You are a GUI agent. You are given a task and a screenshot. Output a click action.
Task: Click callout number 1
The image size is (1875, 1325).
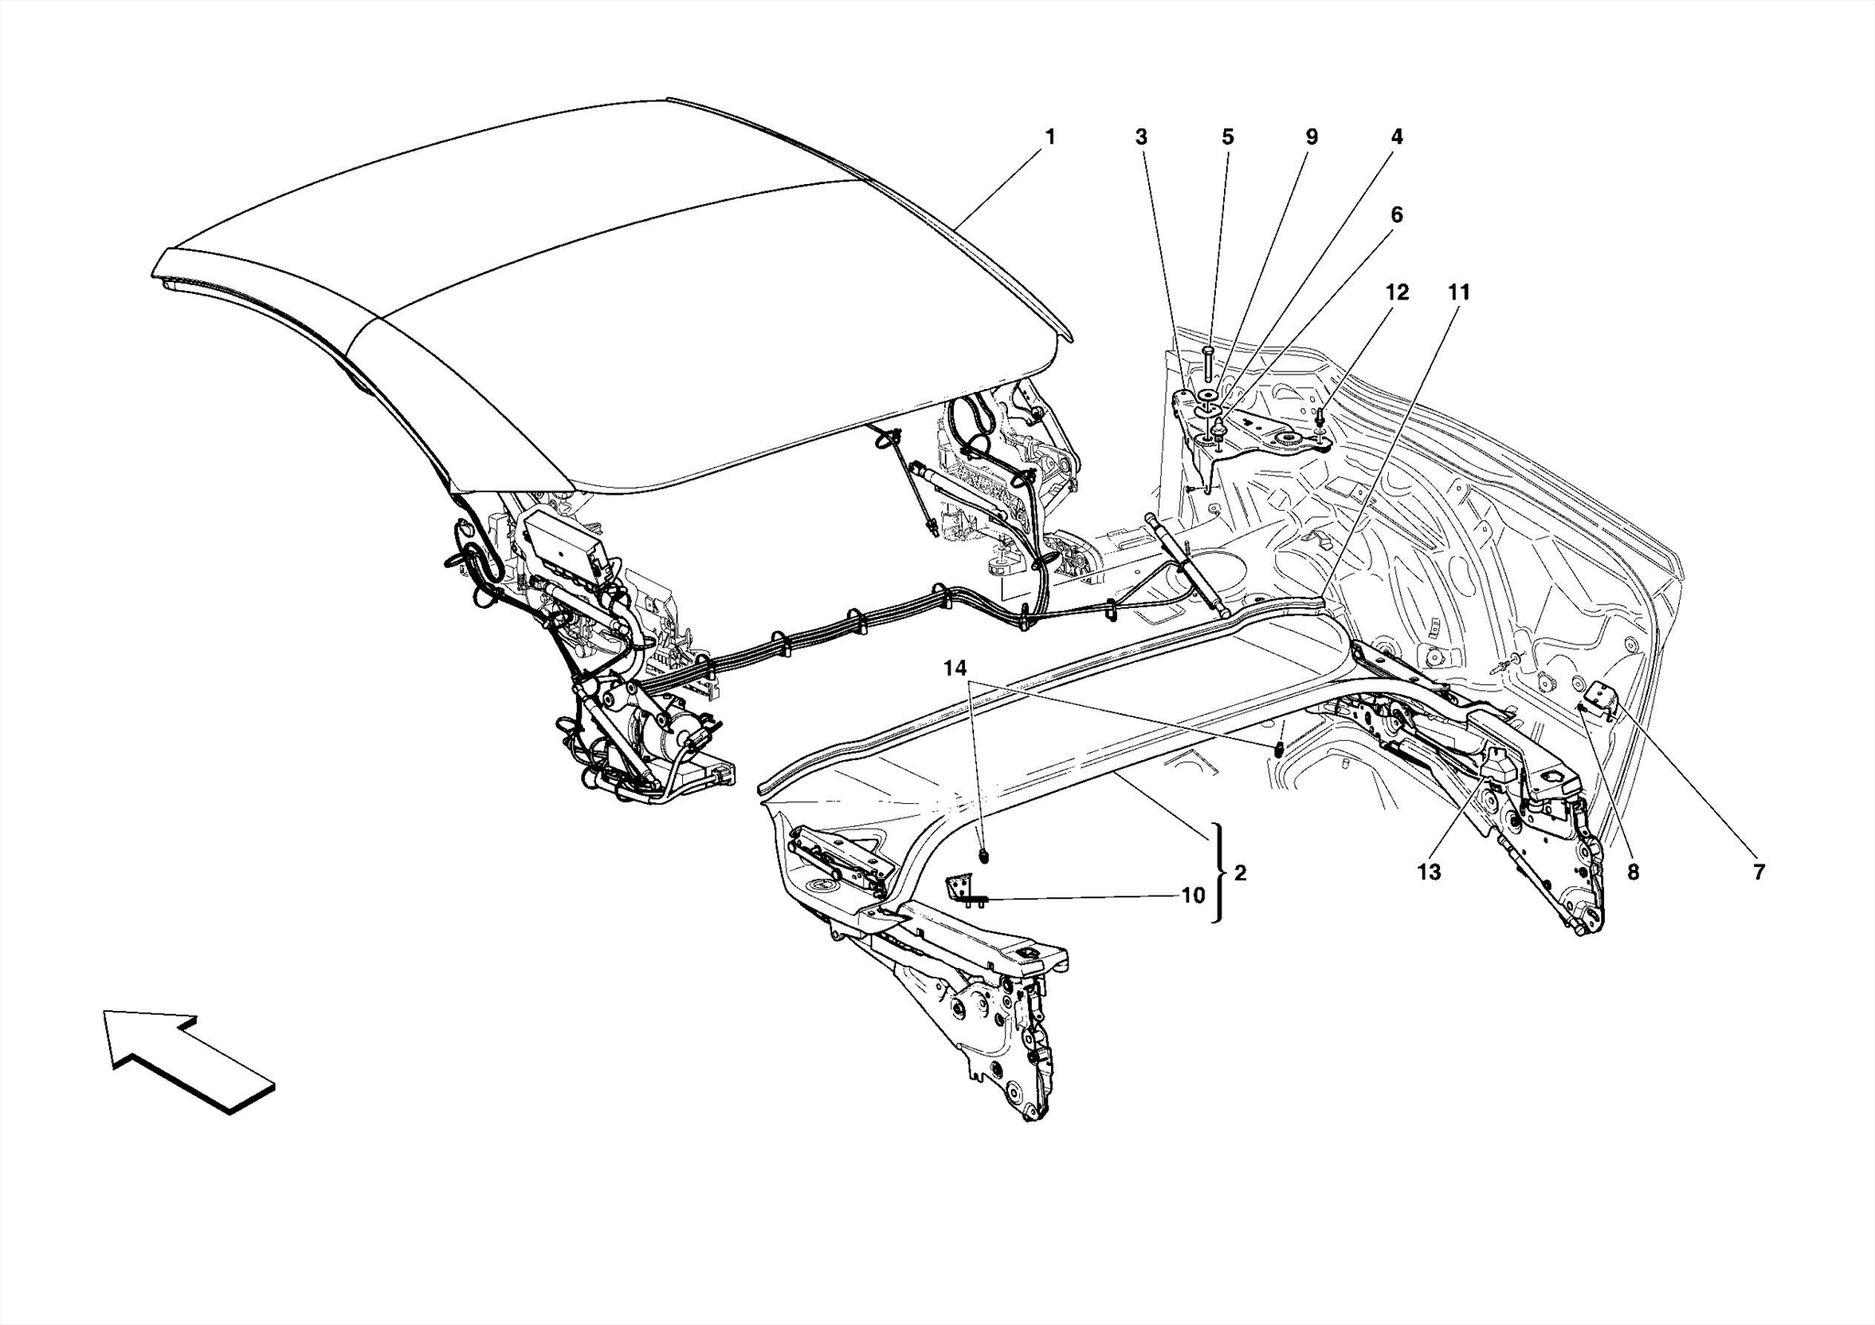click(1050, 137)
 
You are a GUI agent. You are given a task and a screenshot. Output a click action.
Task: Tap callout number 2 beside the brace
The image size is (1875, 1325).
click(1240, 873)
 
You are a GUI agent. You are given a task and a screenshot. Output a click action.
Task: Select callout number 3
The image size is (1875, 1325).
click(1141, 137)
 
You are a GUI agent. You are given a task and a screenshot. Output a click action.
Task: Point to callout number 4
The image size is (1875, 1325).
click(1396, 137)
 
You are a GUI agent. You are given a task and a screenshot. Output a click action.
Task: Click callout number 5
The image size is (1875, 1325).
click(1228, 137)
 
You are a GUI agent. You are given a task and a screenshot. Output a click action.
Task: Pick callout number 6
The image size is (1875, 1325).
click(1396, 215)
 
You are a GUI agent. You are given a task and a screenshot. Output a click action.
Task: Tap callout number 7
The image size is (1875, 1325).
click(1758, 873)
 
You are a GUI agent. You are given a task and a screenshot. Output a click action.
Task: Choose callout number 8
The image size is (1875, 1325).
click(1633, 873)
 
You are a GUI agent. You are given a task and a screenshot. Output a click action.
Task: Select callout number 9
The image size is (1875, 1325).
click(1311, 137)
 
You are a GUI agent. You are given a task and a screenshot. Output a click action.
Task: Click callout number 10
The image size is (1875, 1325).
click(1193, 896)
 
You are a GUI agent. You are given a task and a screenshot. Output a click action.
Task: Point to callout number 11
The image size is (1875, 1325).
click(1458, 293)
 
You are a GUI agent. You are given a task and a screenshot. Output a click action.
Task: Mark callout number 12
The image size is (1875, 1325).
click(1396, 293)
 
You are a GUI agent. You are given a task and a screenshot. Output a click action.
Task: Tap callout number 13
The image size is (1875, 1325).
click(1428, 873)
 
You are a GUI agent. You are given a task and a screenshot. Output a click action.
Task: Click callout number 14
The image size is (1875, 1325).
click(955, 669)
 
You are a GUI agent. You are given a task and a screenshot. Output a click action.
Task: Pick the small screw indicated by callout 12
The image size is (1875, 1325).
click(1320, 419)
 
